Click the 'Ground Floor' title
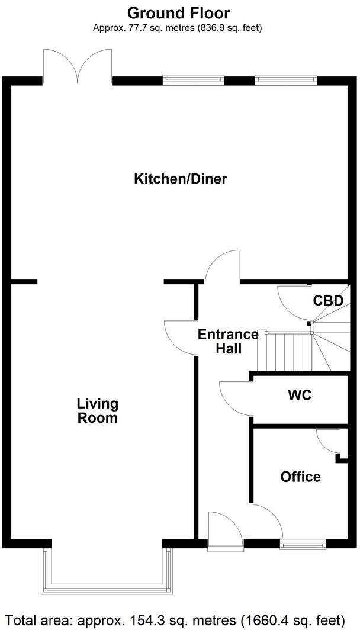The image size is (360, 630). point(178,12)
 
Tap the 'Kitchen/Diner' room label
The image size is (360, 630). point(180,179)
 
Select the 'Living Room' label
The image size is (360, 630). point(97,411)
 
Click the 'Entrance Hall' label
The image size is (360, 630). point(228,342)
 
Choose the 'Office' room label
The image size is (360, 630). point(300,477)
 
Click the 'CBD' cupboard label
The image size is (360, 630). point(328,301)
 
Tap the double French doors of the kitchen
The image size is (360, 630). point(77,65)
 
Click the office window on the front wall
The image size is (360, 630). point(303,544)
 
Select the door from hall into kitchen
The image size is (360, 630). point(223,266)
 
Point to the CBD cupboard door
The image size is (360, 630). point(294,302)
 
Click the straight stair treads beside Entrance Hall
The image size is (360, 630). point(288,351)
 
